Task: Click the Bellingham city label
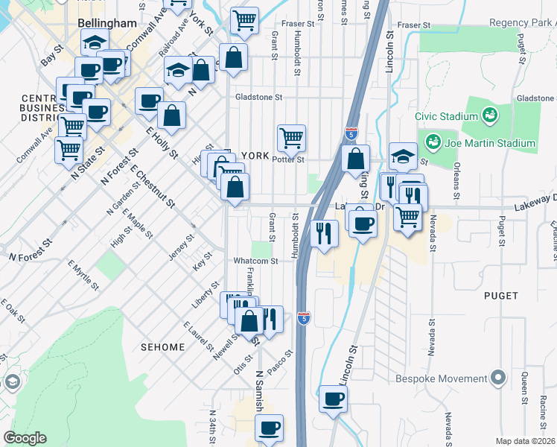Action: tap(107, 24)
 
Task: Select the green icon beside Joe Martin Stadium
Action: tap(432, 141)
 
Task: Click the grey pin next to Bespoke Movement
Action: tap(498, 378)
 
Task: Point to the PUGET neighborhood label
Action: tap(500, 296)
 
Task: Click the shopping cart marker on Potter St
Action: tap(291, 136)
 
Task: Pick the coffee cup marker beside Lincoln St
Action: tap(333, 398)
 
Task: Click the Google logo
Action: tap(25, 438)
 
